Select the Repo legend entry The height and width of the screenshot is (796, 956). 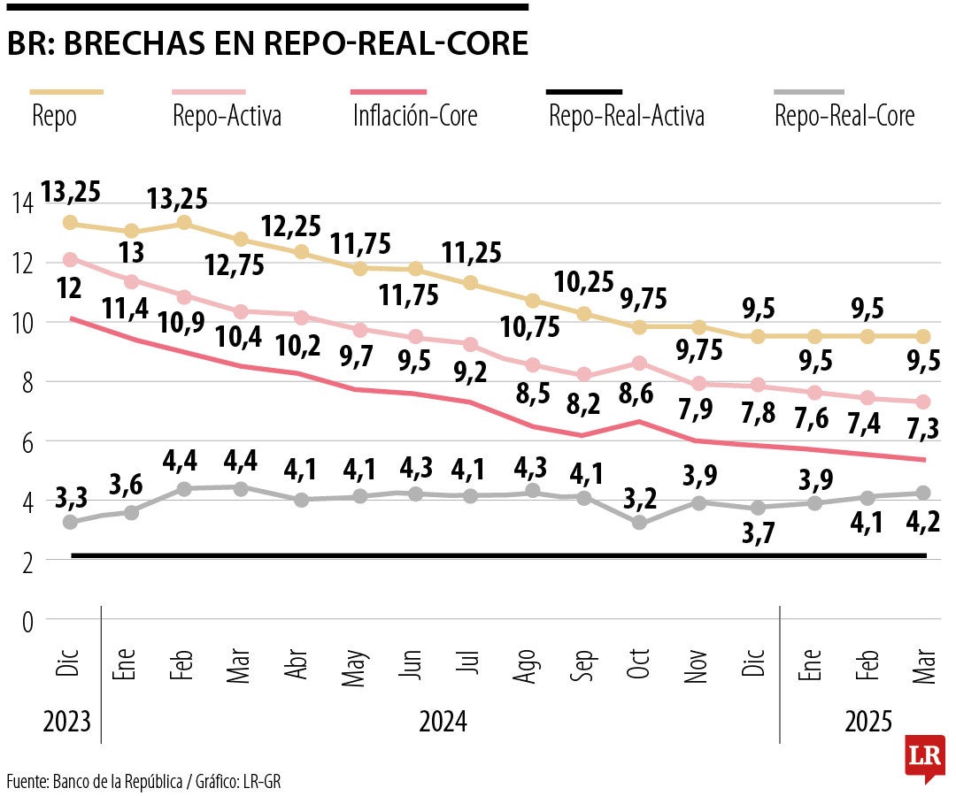(54, 116)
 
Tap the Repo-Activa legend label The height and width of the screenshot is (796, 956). (228, 116)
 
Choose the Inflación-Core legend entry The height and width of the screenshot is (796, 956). (415, 116)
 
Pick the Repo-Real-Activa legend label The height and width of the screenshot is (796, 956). (626, 116)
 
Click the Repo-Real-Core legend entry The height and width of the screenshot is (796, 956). (844, 116)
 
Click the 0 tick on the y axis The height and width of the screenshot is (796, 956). (27, 622)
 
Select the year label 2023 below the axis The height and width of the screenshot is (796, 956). (67, 722)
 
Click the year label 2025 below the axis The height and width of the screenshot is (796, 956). (868, 722)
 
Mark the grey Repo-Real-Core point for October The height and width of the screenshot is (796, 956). (639, 523)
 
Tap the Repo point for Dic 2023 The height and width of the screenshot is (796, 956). (70, 223)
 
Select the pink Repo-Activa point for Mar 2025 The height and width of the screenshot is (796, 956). (921, 402)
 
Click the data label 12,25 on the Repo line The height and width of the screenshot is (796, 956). (293, 226)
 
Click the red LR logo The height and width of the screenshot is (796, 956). (925, 757)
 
